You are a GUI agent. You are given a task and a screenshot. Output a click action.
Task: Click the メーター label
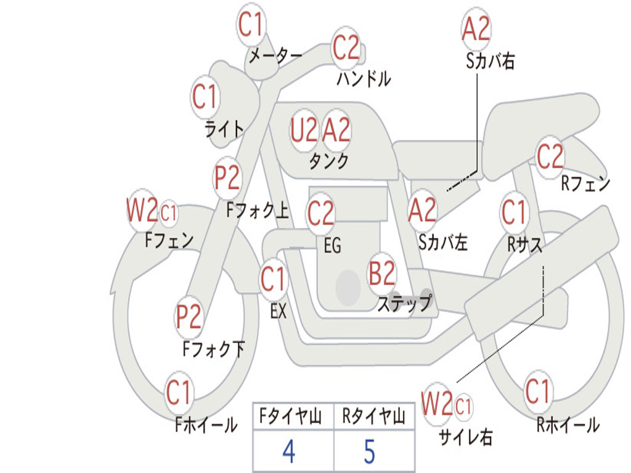click(275, 56)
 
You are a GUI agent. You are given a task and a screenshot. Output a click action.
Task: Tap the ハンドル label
click(364, 78)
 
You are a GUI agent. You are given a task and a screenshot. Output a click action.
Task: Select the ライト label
click(224, 129)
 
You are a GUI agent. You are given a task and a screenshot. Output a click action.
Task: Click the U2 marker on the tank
click(304, 131)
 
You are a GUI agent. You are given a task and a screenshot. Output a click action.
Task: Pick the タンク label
click(329, 161)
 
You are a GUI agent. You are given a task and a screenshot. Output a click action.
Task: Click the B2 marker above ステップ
click(382, 273)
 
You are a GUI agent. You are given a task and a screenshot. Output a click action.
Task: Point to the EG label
click(332, 245)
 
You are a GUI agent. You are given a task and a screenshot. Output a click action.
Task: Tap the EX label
click(279, 311)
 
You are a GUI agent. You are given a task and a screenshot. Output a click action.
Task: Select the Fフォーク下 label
click(213, 349)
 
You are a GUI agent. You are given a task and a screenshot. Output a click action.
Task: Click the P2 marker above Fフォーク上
click(227, 177)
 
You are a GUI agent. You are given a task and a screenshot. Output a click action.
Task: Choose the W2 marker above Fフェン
click(142, 209)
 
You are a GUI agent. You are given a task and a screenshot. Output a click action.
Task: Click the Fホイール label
click(206, 424)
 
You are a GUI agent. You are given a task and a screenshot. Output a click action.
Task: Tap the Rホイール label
click(568, 424)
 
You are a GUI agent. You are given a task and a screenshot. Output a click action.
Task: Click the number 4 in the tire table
click(289, 451)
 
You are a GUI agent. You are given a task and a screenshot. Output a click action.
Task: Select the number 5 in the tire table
click(370, 451)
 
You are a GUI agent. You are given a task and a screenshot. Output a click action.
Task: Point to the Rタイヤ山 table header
click(374, 416)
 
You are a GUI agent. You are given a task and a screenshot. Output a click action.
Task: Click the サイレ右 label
click(465, 437)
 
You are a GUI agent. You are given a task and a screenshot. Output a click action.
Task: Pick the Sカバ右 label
click(490, 61)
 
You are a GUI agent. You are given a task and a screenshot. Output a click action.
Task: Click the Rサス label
click(525, 244)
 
